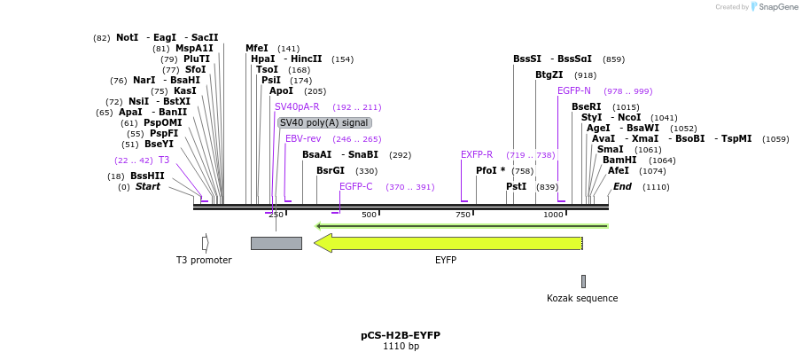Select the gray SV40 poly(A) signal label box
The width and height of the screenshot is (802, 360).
pos(324,123)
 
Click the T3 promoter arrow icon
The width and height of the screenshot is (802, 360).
pos(205,243)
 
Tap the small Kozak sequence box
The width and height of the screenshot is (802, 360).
pos(583,281)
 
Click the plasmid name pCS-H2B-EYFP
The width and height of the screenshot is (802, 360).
pos(401,335)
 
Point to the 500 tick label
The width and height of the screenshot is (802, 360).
pos(369,215)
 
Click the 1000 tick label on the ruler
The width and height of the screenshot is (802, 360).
pos(553,215)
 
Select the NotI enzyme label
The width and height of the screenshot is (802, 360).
pos(127,38)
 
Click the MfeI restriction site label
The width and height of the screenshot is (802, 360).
pos(257,48)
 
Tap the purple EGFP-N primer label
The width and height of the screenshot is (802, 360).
pos(574,90)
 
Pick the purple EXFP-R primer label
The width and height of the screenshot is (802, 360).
pos(477,154)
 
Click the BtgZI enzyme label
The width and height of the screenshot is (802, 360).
pos(549,74)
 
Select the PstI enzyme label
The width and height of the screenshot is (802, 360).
pos(517,186)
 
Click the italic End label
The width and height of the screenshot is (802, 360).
pos(622,186)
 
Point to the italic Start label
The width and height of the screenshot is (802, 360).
pos(148,186)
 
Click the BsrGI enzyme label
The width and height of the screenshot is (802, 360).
pos(331,170)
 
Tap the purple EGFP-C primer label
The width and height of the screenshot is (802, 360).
pos(356,186)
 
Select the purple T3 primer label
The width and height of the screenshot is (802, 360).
pos(164,160)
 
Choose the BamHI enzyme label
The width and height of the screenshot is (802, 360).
pos(619,160)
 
